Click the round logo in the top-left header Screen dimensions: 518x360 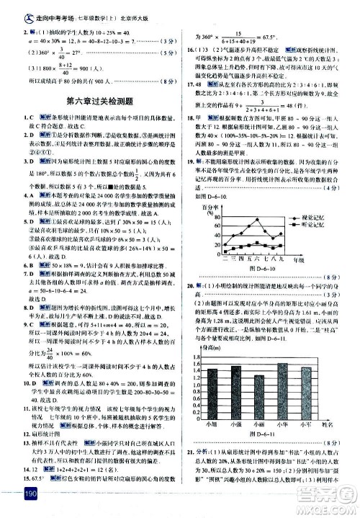click(9, 8)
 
